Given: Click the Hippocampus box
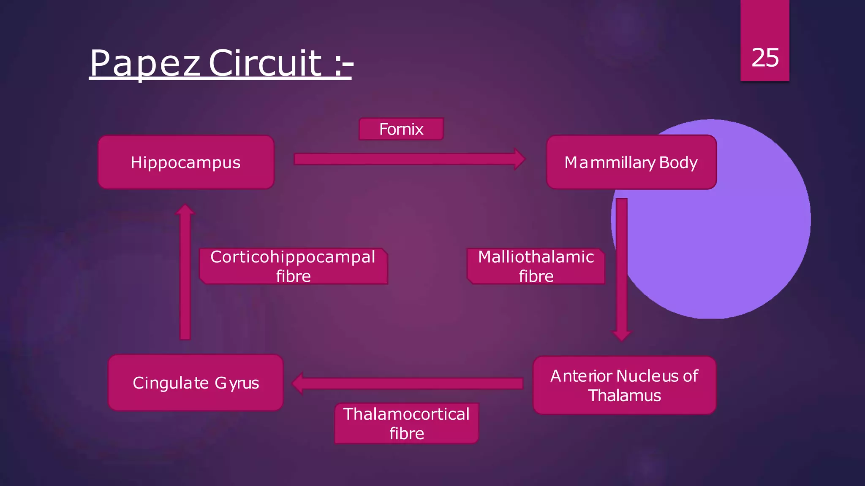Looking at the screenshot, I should (x=186, y=162).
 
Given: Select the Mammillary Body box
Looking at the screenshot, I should (x=631, y=162).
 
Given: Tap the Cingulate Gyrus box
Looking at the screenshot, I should (x=196, y=383).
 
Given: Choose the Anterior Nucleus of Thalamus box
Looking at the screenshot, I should (x=624, y=385).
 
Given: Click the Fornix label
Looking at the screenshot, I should (x=401, y=129).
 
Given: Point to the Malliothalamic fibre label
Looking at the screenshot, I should (x=536, y=266).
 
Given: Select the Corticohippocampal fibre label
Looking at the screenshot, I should (x=293, y=266).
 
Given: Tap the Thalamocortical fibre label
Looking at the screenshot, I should (x=406, y=424).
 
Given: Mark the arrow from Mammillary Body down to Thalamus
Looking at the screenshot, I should (x=622, y=270).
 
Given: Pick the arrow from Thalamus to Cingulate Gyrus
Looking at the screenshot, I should (x=408, y=383).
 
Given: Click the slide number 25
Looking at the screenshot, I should (x=765, y=57).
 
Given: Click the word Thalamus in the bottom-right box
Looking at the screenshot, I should (x=624, y=396).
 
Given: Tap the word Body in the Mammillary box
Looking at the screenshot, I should (x=678, y=162).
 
